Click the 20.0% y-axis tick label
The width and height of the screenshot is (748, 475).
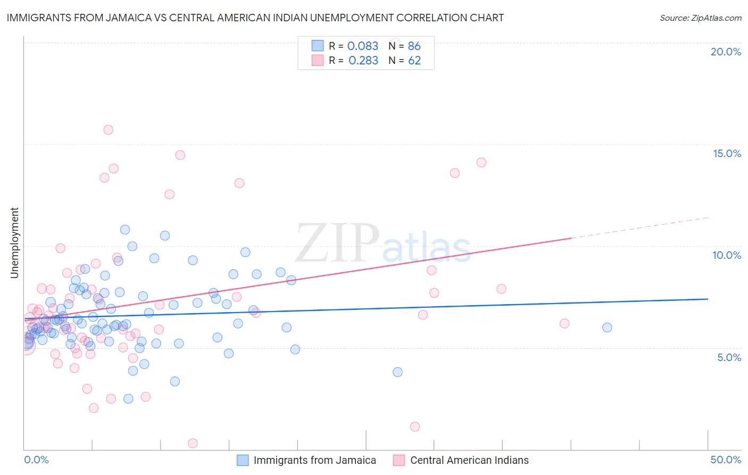tap(726, 52)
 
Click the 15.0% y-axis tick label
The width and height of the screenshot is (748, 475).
tap(727, 153)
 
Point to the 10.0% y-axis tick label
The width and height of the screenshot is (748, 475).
tap(727, 255)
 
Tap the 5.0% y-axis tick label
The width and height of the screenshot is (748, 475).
tap(729, 357)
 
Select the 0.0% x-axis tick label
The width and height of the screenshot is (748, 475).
tap(36, 460)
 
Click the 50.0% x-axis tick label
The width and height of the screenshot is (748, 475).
tap(726, 460)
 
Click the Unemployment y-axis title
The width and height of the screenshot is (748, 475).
tap(14, 243)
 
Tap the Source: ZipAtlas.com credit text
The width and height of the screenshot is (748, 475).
tap(700, 18)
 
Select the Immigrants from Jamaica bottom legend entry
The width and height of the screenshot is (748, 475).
tap(314, 460)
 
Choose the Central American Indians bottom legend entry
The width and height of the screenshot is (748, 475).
tap(469, 460)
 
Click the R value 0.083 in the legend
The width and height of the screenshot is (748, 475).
tap(362, 46)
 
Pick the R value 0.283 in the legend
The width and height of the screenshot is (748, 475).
tap(363, 60)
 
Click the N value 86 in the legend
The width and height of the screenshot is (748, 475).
tap(414, 46)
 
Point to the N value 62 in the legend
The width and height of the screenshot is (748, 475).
tap(414, 60)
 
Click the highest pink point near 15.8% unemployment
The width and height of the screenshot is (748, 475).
tap(108, 129)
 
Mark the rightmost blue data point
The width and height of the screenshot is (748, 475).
tap(607, 327)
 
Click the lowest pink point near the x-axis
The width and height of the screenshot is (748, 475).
tap(193, 443)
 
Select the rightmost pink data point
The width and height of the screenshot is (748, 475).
tap(564, 323)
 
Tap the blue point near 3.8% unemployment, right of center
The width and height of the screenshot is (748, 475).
tap(397, 372)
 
